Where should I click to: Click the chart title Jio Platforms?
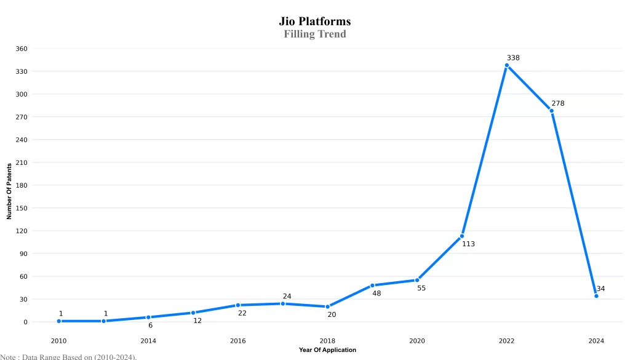click(314, 22)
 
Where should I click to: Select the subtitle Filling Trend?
click(314, 34)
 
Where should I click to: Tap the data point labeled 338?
click(507, 65)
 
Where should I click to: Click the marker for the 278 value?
click(552, 111)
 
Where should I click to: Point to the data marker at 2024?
click(596, 296)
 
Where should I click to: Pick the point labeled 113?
click(462, 236)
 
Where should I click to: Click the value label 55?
click(421, 288)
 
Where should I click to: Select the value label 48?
click(377, 294)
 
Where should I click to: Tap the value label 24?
click(287, 297)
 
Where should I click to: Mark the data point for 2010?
click(59, 321)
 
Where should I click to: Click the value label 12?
click(197, 321)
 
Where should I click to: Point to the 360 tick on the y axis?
click(22, 49)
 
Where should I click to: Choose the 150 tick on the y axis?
click(22, 208)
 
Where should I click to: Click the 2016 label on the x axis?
click(237, 341)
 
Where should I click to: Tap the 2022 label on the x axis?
click(507, 341)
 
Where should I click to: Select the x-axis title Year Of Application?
click(327, 350)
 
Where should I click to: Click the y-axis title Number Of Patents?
click(9, 191)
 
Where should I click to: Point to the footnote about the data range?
click(68, 356)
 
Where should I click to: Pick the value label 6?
click(150, 326)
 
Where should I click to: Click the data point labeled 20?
click(327, 306)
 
